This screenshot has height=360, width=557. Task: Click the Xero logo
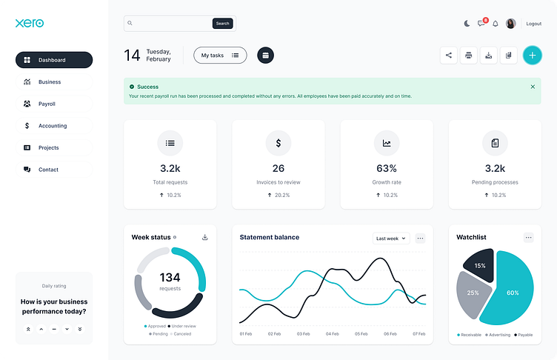(30, 23)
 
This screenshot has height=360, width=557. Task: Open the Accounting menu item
(53, 126)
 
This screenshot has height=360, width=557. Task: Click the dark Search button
(222, 24)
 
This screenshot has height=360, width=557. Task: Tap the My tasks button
(220, 55)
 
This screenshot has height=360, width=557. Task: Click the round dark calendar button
(266, 55)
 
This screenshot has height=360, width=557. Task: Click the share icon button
(448, 55)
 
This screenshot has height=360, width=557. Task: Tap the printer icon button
(468, 55)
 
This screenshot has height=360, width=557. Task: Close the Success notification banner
(533, 87)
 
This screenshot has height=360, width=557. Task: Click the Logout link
(533, 24)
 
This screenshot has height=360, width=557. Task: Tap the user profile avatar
(510, 24)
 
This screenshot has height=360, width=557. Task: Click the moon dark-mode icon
(467, 24)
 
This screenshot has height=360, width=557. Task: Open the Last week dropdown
(390, 239)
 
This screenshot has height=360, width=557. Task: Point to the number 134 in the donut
(170, 278)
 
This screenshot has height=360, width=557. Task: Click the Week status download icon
(205, 237)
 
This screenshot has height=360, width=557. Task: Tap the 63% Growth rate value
(387, 168)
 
